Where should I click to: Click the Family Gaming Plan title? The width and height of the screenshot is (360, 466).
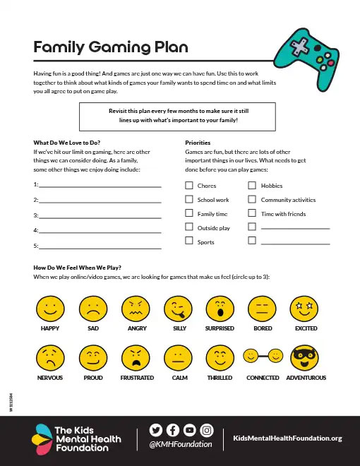coord(111,47)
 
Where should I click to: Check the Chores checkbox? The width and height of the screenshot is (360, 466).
coord(188,185)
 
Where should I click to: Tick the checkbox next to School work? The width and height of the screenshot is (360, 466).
coord(188,199)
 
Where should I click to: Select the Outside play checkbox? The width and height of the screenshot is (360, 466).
coord(188,227)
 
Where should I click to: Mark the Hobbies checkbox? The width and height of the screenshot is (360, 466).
coord(252,185)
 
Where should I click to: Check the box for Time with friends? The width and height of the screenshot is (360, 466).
coord(252,213)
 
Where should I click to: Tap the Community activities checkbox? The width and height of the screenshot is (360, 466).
coord(252,199)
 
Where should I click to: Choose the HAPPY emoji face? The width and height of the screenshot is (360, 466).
coord(49,308)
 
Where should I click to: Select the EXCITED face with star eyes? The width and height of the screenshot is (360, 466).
coord(305,308)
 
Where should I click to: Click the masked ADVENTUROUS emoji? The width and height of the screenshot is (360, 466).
coord(305,357)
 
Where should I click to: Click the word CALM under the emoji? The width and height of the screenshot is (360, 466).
coord(179,378)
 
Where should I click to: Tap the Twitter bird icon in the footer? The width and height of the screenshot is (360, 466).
coord(157,429)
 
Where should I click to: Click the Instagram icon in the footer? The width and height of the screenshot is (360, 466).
coord(207,429)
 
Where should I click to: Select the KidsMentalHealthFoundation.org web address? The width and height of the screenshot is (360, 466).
coord(287,438)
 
